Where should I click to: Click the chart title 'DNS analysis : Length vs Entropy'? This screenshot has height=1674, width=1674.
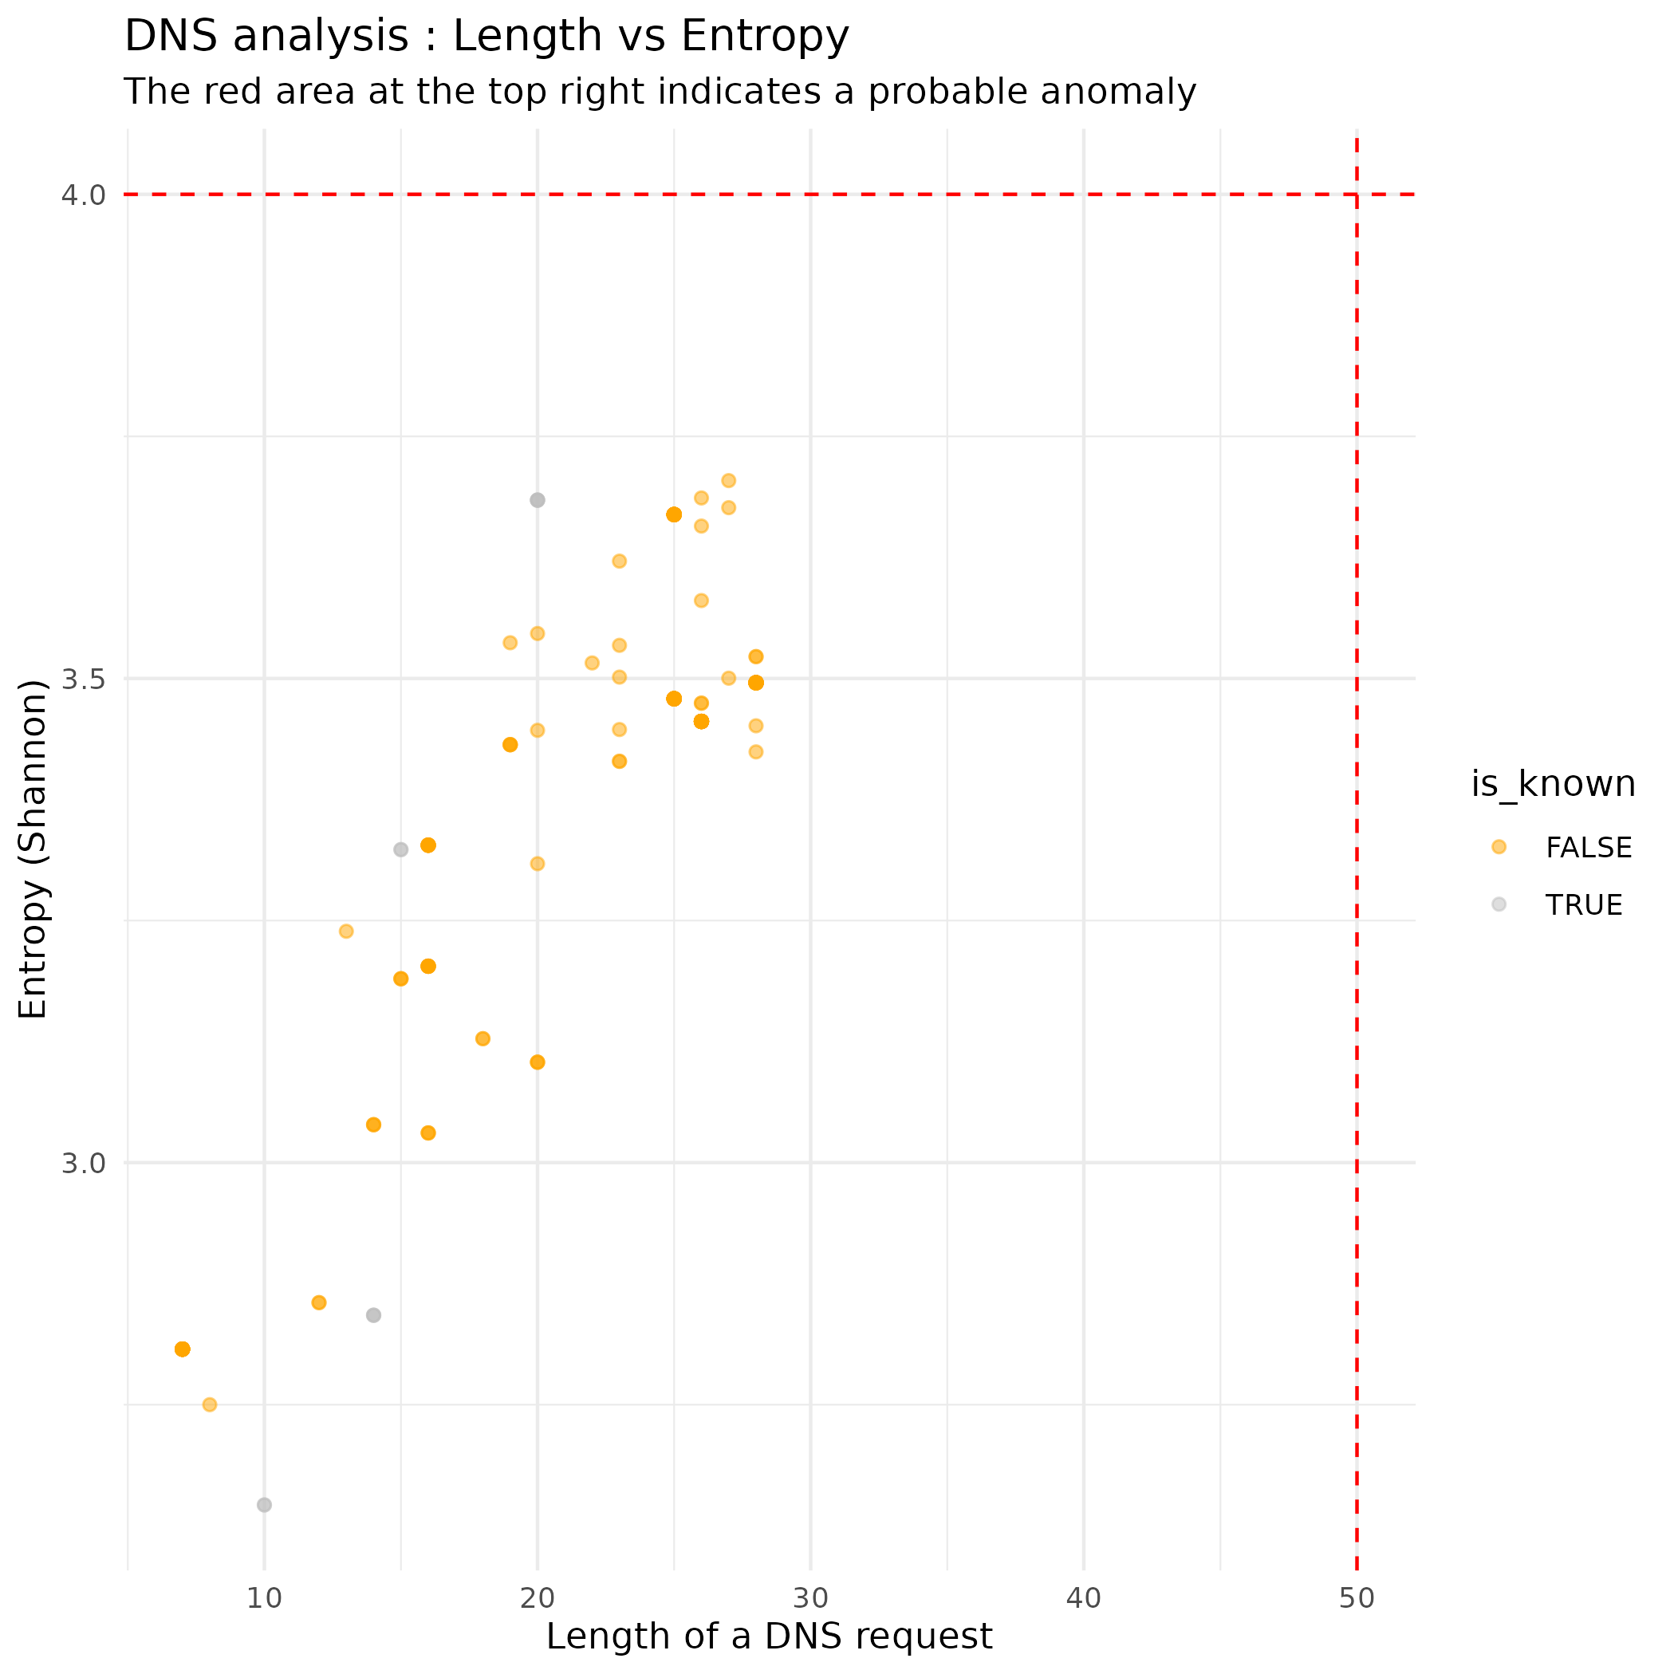tap(486, 37)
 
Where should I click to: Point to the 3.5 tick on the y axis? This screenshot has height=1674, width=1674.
tap(83, 679)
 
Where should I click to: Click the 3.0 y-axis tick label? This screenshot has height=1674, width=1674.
tap(83, 1163)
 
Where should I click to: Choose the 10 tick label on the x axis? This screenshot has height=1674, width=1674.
tap(264, 1598)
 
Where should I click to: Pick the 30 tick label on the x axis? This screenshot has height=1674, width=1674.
tap(810, 1598)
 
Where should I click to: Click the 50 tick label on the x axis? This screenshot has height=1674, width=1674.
tap(1356, 1598)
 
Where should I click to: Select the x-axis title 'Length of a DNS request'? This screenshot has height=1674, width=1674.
tap(769, 1637)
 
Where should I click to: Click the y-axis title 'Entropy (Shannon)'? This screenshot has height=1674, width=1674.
tap(33, 849)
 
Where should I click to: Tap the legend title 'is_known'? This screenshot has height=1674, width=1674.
tap(1553, 784)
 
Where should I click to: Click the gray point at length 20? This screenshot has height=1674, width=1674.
tap(538, 500)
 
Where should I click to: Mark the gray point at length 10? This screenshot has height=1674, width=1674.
tap(264, 1505)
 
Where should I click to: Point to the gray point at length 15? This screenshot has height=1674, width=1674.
tap(400, 849)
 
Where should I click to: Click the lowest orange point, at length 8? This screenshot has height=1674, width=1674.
tap(210, 1404)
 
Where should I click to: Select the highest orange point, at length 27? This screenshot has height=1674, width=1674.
tap(729, 481)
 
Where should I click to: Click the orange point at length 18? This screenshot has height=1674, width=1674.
tap(483, 1039)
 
